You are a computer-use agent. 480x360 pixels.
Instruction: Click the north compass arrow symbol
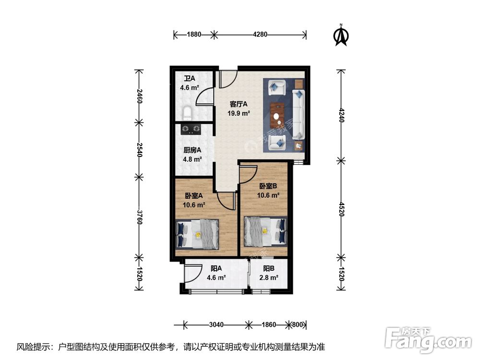(x=341, y=36)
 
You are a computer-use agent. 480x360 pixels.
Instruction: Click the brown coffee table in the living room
(x=277, y=116)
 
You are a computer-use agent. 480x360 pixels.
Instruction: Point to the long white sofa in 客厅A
(x=299, y=114)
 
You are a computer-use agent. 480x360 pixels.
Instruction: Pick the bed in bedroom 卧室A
(x=198, y=234)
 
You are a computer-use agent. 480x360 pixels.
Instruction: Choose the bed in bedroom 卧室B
(x=265, y=231)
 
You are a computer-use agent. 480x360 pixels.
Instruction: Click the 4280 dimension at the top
(x=260, y=35)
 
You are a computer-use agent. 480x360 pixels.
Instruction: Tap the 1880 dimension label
(x=194, y=35)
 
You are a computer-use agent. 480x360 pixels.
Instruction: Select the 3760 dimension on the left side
(x=139, y=217)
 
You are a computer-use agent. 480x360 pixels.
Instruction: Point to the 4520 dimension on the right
(x=341, y=209)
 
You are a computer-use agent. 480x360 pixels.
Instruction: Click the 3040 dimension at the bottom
(x=216, y=324)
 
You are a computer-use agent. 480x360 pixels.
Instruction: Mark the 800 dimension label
(x=297, y=324)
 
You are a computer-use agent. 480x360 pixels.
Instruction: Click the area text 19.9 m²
(x=239, y=113)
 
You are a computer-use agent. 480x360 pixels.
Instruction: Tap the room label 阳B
(x=269, y=269)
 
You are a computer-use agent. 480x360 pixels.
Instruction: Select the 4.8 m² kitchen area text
(x=192, y=159)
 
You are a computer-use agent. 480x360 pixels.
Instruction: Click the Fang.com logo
(x=428, y=339)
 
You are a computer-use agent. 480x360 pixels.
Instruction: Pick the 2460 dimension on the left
(x=139, y=96)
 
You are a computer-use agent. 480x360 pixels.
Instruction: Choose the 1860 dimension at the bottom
(x=269, y=324)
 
